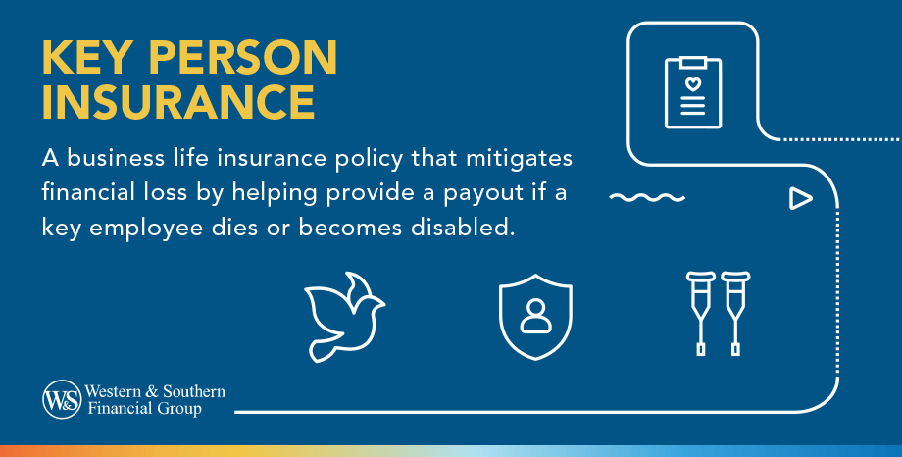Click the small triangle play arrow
click(x=801, y=199)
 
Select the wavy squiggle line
click(x=646, y=199)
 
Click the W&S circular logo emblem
click(x=61, y=399)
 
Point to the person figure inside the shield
click(x=535, y=314)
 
